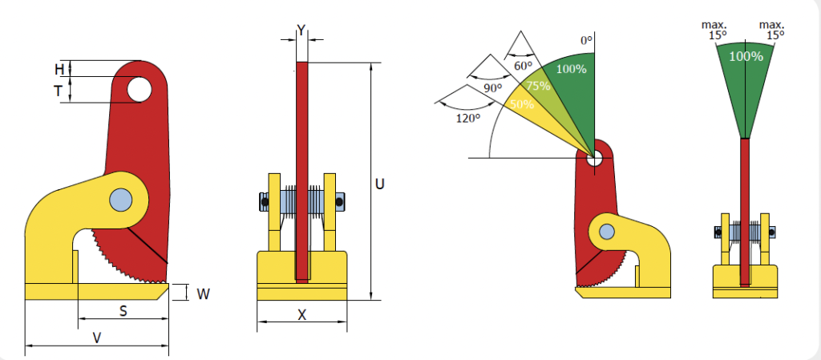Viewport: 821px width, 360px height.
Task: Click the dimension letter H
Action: [x=59, y=68]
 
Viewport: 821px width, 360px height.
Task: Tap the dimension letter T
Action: [x=59, y=92]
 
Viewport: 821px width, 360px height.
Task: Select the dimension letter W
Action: [x=203, y=294]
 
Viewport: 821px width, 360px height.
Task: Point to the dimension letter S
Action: [x=123, y=311]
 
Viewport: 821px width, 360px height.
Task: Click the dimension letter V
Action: [x=97, y=338]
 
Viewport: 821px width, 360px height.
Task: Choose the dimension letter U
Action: [x=380, y=184]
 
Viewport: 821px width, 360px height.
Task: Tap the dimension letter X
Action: [x=302, y=314]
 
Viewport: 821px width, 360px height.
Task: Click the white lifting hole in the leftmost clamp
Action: [x=139, y=90]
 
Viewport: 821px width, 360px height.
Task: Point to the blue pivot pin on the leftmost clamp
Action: [x=121, y=200]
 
